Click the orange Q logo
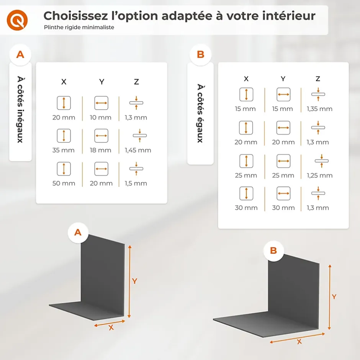tap(17, 19)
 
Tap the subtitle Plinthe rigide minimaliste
tap(79, 28)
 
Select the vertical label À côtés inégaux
tap(20, 109)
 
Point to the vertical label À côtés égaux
tap(200, 113)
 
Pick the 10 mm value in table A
tap(101, 118)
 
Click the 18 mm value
tap(101, 150)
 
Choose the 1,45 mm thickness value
tap(138, 150)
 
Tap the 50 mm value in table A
tap(64, 183)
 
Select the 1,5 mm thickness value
tap(136, 183)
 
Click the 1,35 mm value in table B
tap(319, 109)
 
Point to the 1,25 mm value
tap(319, 175)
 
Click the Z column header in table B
tap(318, 79)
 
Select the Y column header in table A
tap(101, 82)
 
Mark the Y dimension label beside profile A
tap(134, 281)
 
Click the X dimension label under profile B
tap(299, 342)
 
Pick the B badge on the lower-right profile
tap(273, 250)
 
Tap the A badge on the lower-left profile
tap(78, 232)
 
